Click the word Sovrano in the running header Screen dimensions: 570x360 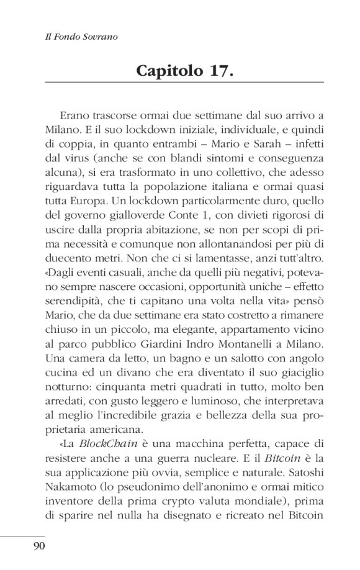[101, 37]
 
